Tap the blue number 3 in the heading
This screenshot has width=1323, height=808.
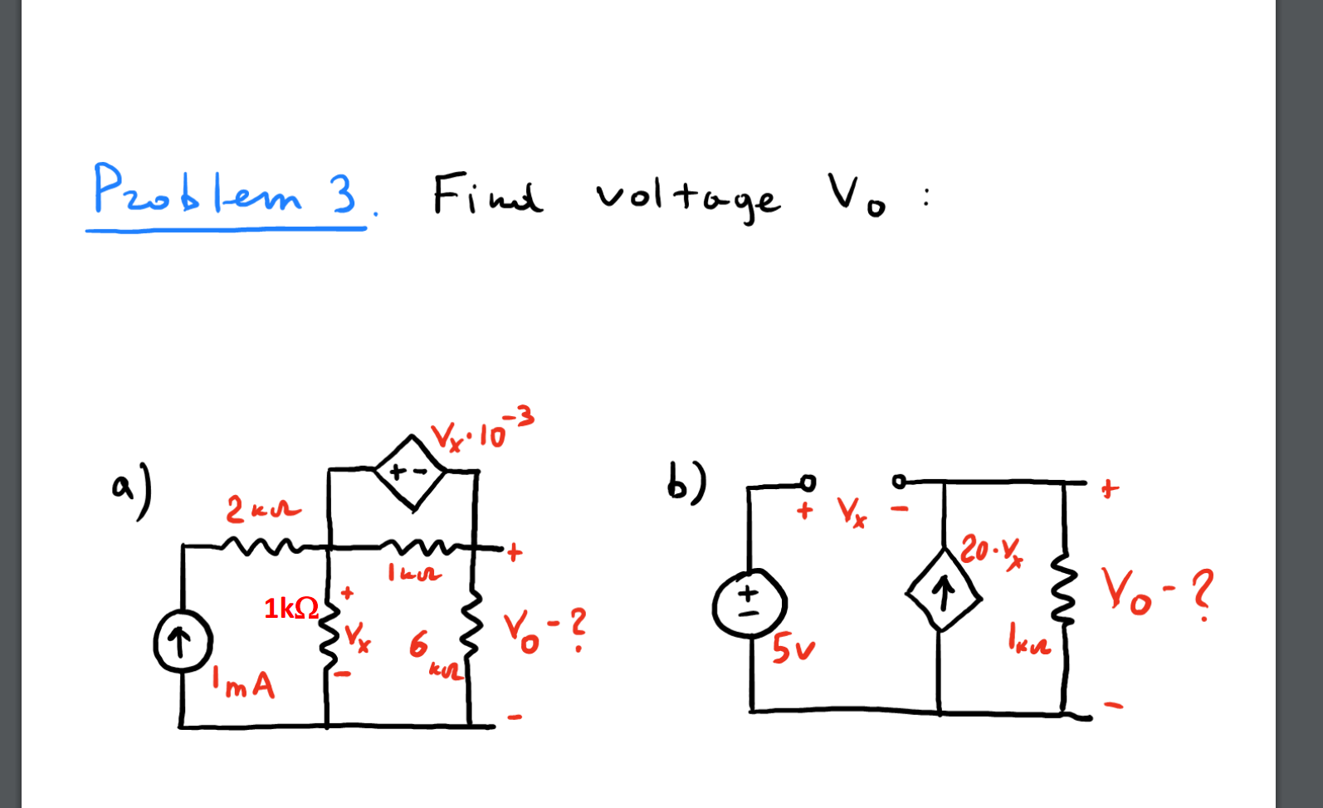[x=342, y=194]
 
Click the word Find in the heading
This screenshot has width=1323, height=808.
[x=487, y=196]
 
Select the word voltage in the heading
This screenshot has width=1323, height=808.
[x=687, y=198]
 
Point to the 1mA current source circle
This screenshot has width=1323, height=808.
[x=183, y=643]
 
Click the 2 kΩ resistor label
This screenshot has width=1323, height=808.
[x=262, y=509]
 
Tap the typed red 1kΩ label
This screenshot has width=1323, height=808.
[x=290, y=609]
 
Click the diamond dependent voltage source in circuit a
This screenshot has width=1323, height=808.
[x=409, y=472]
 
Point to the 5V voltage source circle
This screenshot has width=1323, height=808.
[x=749, y=605]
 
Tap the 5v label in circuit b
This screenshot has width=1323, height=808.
[x=793, y=649]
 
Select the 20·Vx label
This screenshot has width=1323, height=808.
[x=991, y=551]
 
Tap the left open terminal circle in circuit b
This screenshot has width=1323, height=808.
[x=808, y=482]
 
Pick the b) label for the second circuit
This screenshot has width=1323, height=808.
[x=686, y=482]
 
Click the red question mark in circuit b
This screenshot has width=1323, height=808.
[x=1201, y=593]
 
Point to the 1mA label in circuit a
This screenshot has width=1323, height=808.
[x=243, y=683]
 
